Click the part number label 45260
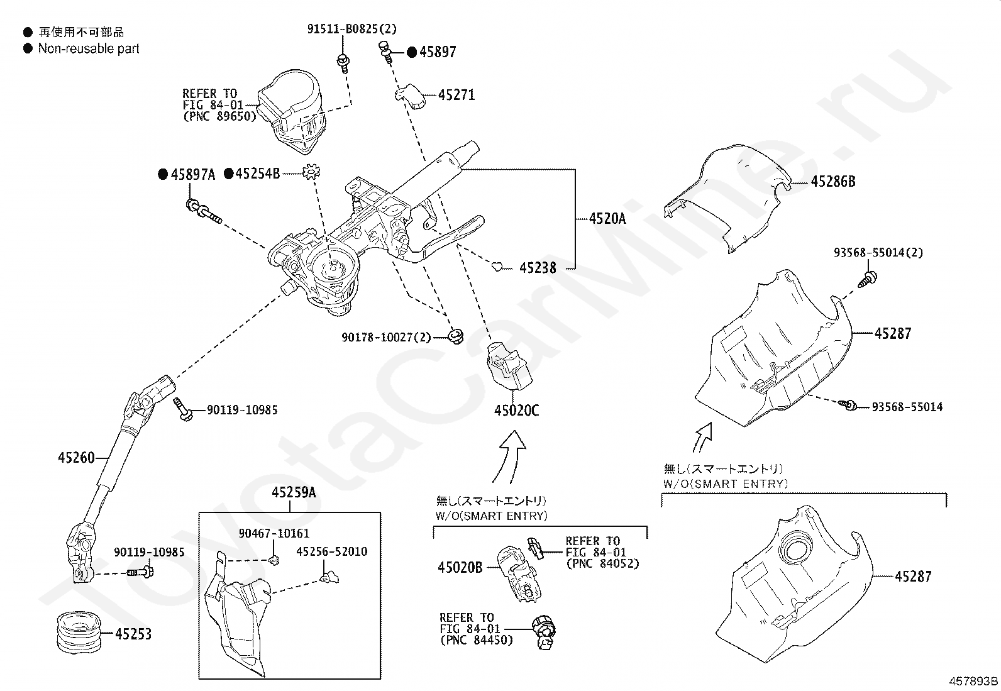(x=76, y=458)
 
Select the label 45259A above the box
(x=294, y=493)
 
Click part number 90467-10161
(x=274, y=534)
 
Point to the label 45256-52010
(x=331, y=551)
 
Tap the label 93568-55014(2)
(x=878, y=253)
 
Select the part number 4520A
(x=607, y=219)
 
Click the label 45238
(x=538, y=268)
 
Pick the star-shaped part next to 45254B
(x=311, y=172)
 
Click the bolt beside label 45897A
(x=204, y=211)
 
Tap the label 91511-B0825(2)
(x=352, y=29)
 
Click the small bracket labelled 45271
(x=408, y=96)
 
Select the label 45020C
(x=516, y=411)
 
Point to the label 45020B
(x=460, y=567)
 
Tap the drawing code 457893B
(x=973, y=681)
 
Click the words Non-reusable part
(x=89, y=48)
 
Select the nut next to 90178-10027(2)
(x=456, y=335)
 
